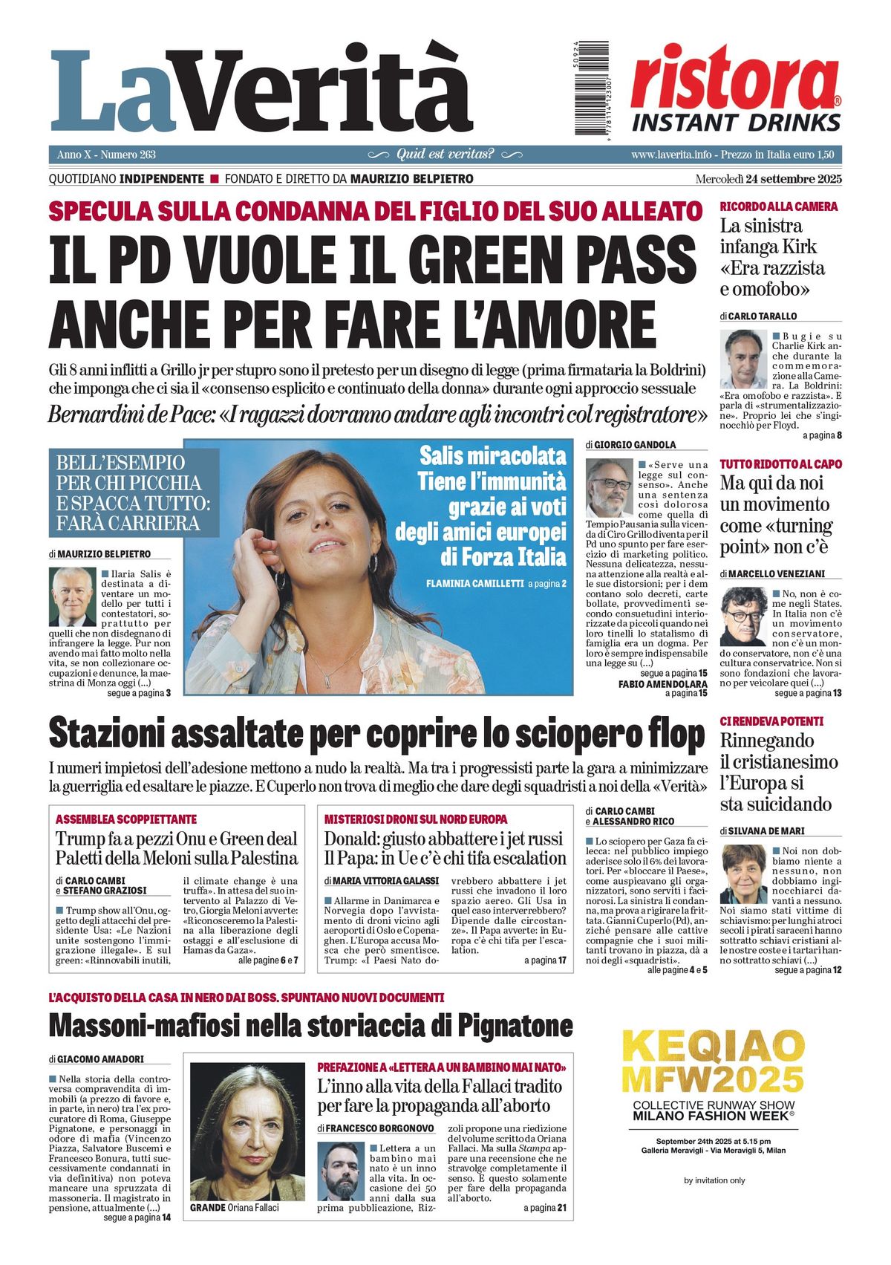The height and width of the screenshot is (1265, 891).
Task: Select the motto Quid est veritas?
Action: pos(445,155)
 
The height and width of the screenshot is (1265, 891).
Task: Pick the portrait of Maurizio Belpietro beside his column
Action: pos(73,596)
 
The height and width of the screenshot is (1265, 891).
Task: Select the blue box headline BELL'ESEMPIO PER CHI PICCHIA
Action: pos(134,492)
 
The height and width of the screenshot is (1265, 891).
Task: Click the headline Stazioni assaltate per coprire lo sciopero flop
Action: pos(376,735)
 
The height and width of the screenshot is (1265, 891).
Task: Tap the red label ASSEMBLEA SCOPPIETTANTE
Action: pos(126,819)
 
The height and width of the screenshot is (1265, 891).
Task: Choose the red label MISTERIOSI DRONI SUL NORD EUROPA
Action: pos(416,819)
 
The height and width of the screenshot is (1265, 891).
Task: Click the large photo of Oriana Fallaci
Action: pos(247,1131)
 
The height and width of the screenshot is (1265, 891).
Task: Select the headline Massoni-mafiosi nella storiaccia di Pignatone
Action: pos(310,1027)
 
